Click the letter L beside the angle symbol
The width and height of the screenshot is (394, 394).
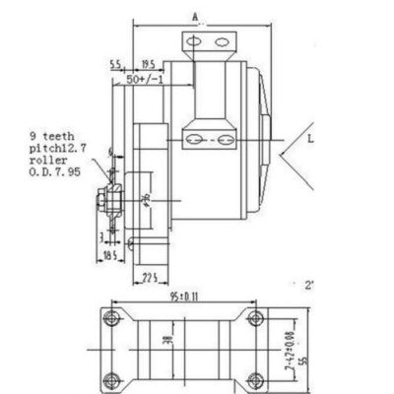tap(311, 141)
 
